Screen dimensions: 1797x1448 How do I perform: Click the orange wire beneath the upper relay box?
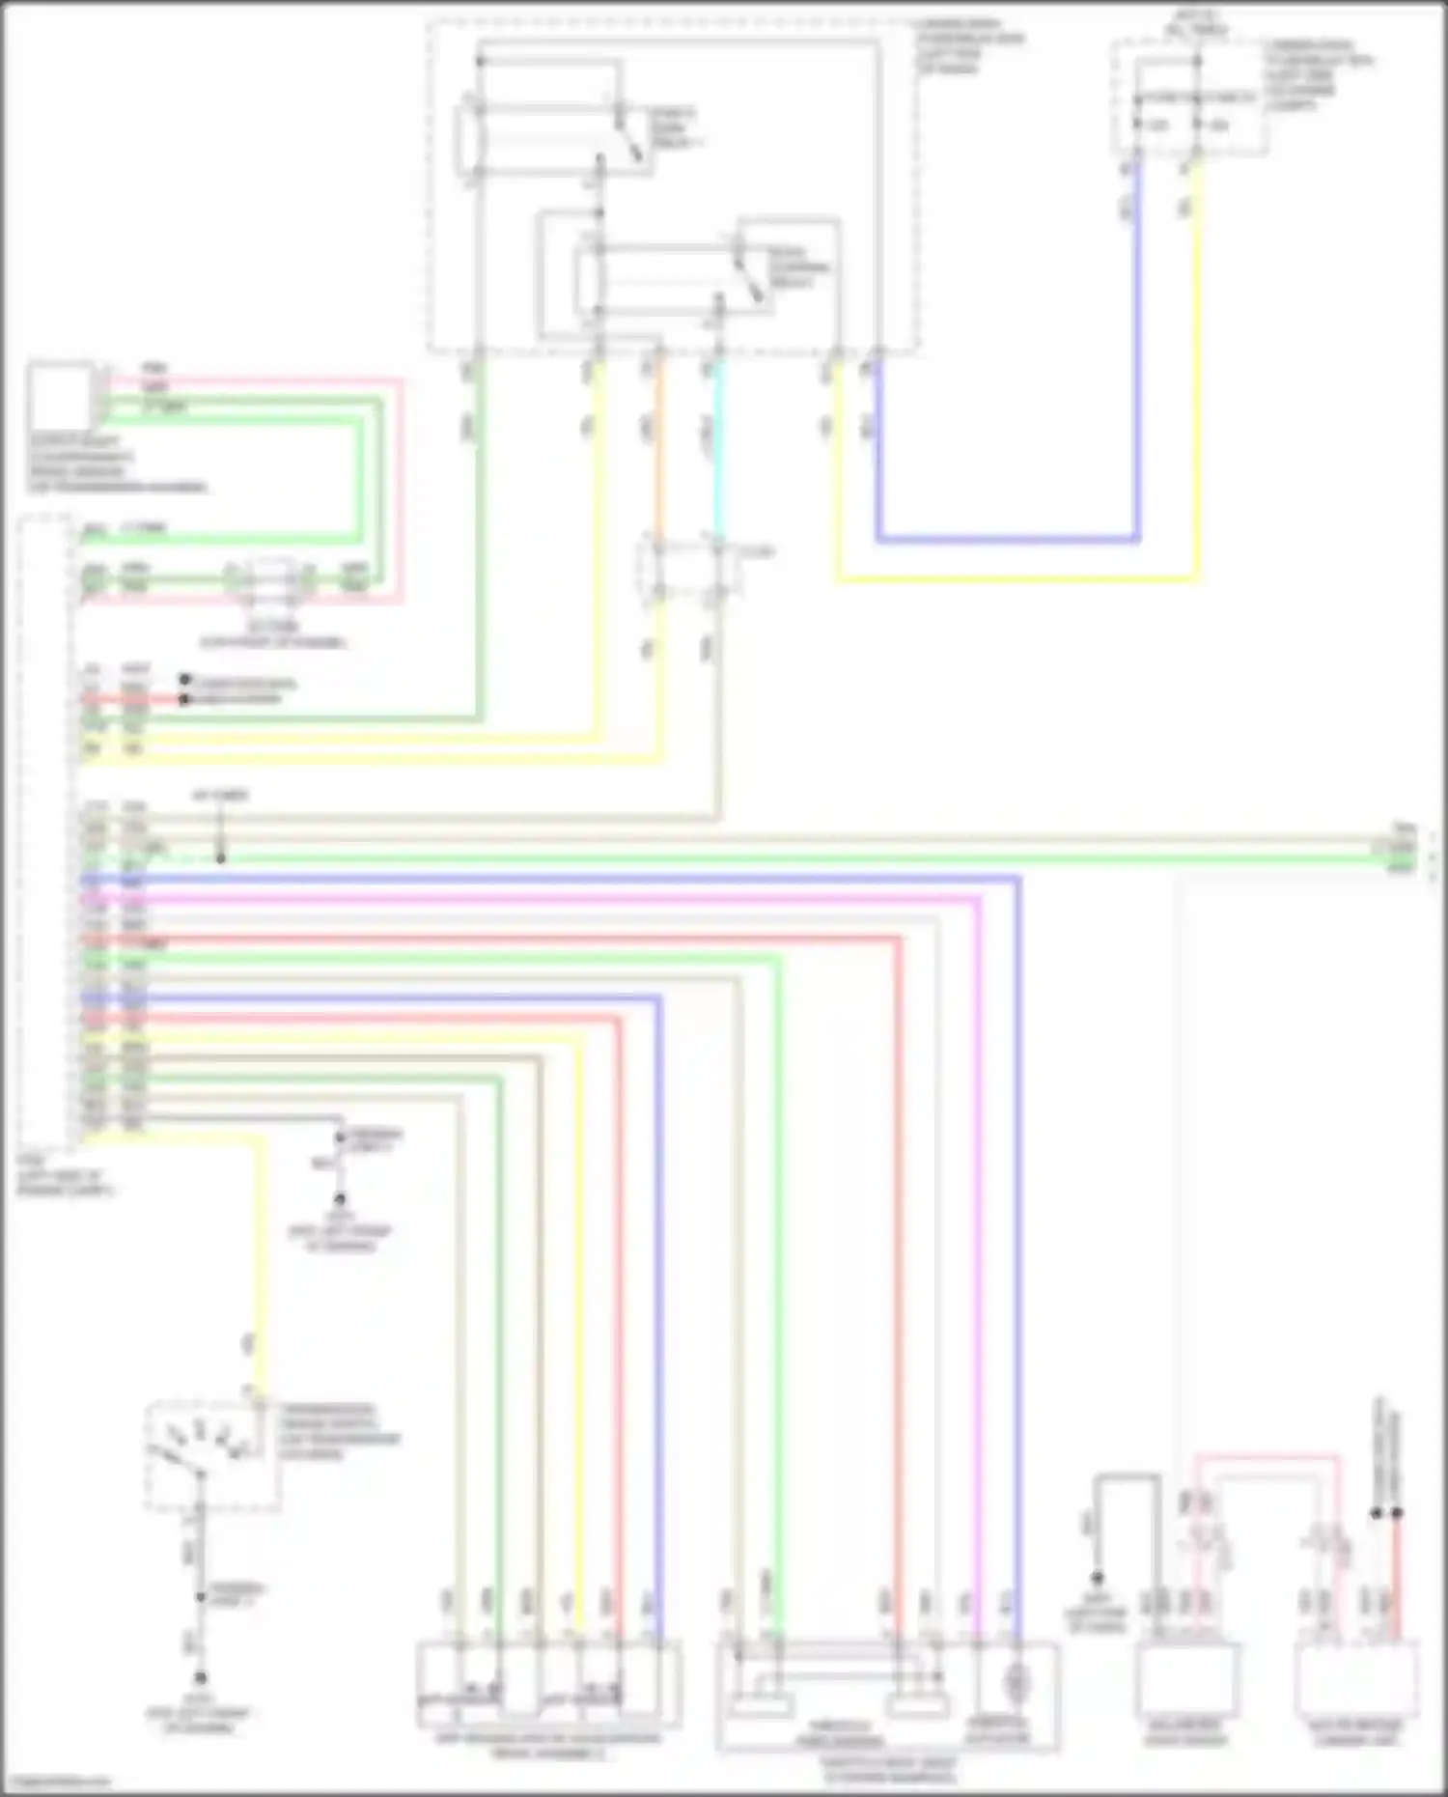tap(659, 454)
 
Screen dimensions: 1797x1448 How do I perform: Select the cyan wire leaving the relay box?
tap(717, 454)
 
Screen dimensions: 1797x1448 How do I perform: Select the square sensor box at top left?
tap(61, 396)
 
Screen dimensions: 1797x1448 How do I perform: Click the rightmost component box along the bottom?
tap(1357, 1681)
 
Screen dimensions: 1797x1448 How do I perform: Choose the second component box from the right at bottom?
tap(1189, 1681)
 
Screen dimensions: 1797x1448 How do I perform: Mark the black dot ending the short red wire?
tap(184, 699)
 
